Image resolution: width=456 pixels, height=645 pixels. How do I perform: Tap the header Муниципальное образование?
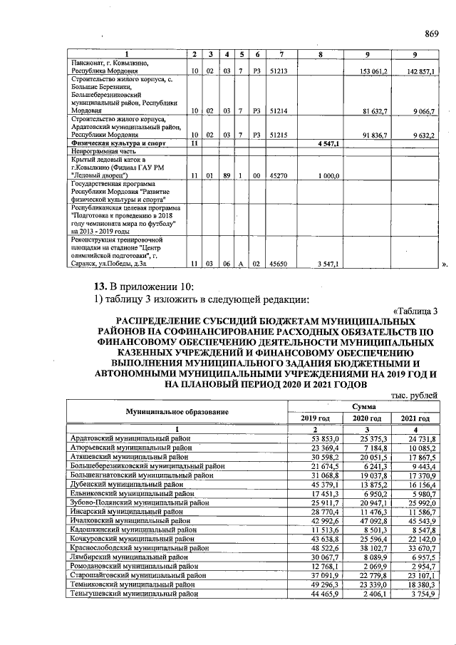pos(177,411)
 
